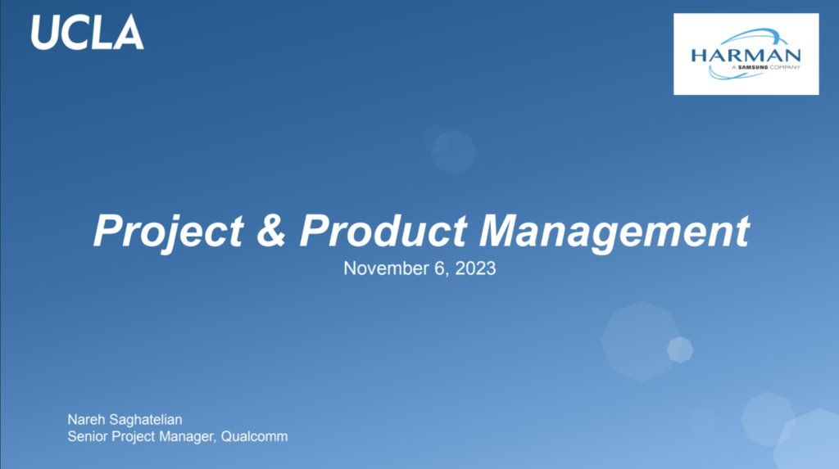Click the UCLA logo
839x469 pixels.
(x=87, y=33)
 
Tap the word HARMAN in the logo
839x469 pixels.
(x=746, y=56)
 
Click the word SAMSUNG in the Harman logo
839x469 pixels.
(x=753, y=67)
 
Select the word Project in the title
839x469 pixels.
(x=169, y=231)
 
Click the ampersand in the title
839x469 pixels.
(x=270, y=230)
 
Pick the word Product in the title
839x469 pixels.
(x=383, y=230)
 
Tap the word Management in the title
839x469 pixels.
(x=614, y=232)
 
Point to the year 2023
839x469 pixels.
(x=475, y=268)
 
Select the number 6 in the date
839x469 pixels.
(x=440, y=268)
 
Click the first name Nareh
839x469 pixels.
(x=86, y=419)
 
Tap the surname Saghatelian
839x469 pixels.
(x=146, y=420)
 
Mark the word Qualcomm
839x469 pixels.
(x=254, y=436)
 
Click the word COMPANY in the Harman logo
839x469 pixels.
(x=785, y=67)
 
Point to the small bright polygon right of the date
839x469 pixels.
(x=680, y=349)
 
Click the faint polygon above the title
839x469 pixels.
(x=454, y=152)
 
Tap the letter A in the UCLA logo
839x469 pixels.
(x=129, y=33)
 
